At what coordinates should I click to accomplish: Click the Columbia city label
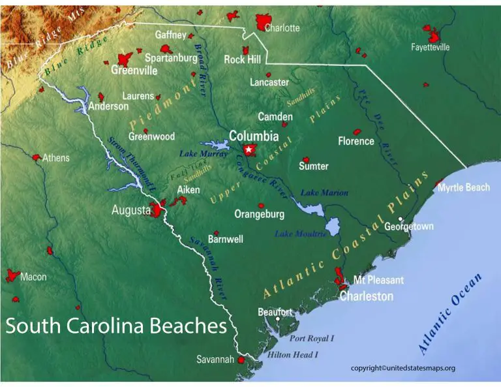254,136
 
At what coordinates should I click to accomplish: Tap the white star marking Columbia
249,150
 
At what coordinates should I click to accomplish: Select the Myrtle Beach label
463,188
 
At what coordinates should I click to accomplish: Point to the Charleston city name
366,296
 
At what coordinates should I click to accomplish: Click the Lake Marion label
324,193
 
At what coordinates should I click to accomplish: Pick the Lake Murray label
204,154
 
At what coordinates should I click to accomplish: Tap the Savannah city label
215,360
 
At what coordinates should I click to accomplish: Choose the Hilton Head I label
293,355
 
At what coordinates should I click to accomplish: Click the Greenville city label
134,70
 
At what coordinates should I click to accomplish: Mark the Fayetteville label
431,47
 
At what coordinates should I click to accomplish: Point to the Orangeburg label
260,214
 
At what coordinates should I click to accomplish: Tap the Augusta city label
131,211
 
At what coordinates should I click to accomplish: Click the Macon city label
33,277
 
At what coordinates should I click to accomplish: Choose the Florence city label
356,141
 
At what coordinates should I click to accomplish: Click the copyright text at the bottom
402,368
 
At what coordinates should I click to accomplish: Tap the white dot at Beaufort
278,320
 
